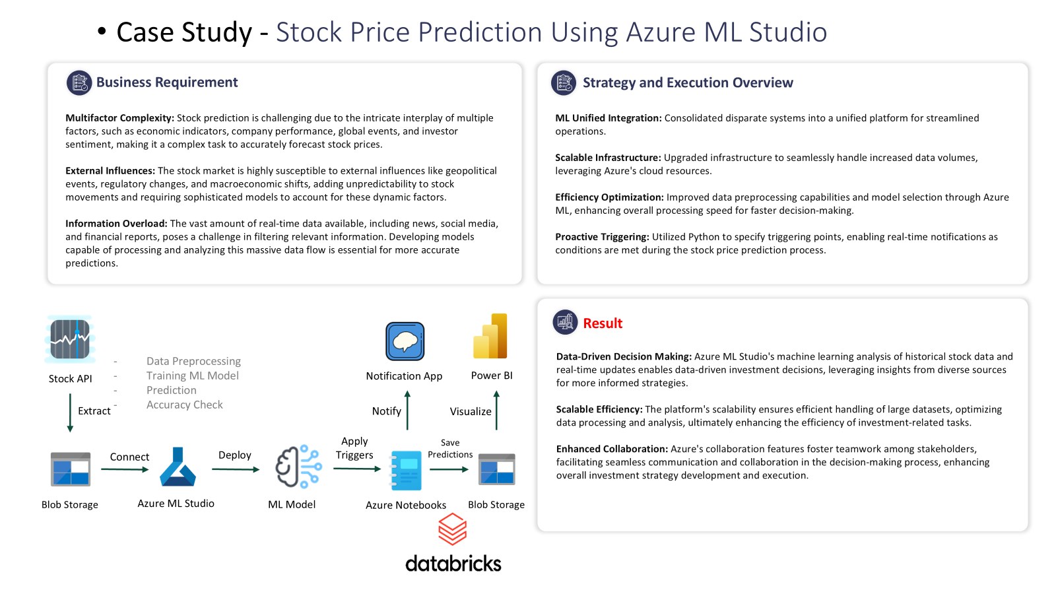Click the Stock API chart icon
point(70,339)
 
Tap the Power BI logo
point(490,336)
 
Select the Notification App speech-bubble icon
point(405,341)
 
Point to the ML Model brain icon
point(298,466)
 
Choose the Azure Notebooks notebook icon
point(406,471)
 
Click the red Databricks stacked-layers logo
point(453,529)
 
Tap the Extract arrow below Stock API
point(70,412)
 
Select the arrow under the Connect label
point(125,469)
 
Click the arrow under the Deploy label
point(236,469)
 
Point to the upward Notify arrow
point(407,410)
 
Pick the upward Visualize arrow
point(496,410)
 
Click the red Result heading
point(603,323)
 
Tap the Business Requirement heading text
point(167,82)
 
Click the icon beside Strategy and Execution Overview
point(564,83)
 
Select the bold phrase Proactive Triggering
point(602,237)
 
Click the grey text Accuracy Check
point(184,405)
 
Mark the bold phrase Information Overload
point(116,224)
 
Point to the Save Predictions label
point(450,448)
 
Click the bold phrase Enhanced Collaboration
point(612,449)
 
